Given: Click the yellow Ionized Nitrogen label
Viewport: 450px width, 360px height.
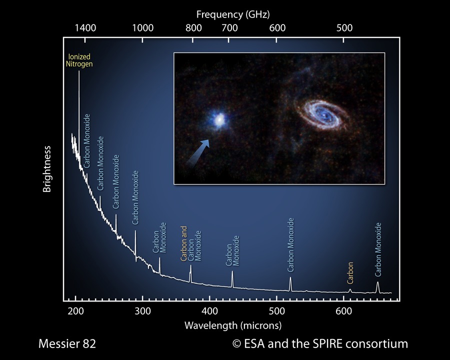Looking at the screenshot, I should [x=79, y=60].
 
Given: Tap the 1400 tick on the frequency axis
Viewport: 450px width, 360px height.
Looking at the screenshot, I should [x=85, y=28].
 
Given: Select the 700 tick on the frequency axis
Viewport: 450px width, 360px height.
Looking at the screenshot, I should [x=229, y=28].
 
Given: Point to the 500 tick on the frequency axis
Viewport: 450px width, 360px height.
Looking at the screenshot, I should [x=344, y=28].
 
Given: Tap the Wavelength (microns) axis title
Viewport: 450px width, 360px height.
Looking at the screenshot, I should [x=233, y=325].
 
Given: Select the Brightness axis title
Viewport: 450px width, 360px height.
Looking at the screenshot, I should [x=47, y=169].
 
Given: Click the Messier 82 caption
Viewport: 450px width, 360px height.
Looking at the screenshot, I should [x=67, y=344].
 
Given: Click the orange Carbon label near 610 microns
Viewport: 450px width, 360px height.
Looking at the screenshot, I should [x=350, y=273].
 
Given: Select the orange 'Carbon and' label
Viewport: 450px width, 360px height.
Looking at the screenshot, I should [x=184, y=243].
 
